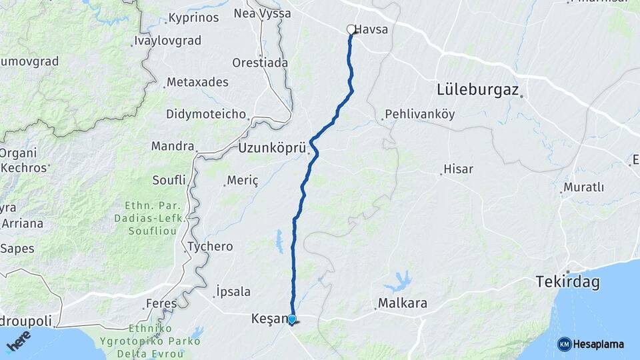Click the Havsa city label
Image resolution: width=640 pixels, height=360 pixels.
pos(372,30)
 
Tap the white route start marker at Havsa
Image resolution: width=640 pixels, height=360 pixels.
pos(351,29)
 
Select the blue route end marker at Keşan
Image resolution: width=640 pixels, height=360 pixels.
pos(292,319)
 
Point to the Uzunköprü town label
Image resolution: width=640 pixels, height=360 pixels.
pos(271,148)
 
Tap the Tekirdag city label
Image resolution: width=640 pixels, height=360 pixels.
pos(567,283)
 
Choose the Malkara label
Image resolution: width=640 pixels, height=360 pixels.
pos(403,304)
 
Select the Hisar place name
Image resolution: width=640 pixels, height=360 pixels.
pos(459,169)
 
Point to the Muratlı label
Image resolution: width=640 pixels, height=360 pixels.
pos(583,187)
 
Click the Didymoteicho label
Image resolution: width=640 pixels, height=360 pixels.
pos(206,114)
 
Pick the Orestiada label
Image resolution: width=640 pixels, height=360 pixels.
pos(260,63)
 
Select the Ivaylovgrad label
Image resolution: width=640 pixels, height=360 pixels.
pos(167,41)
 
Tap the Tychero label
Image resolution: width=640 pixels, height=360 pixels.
pos(210,247)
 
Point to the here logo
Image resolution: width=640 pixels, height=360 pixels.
pos(18,340)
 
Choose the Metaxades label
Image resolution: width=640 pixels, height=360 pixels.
pos(197,82)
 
